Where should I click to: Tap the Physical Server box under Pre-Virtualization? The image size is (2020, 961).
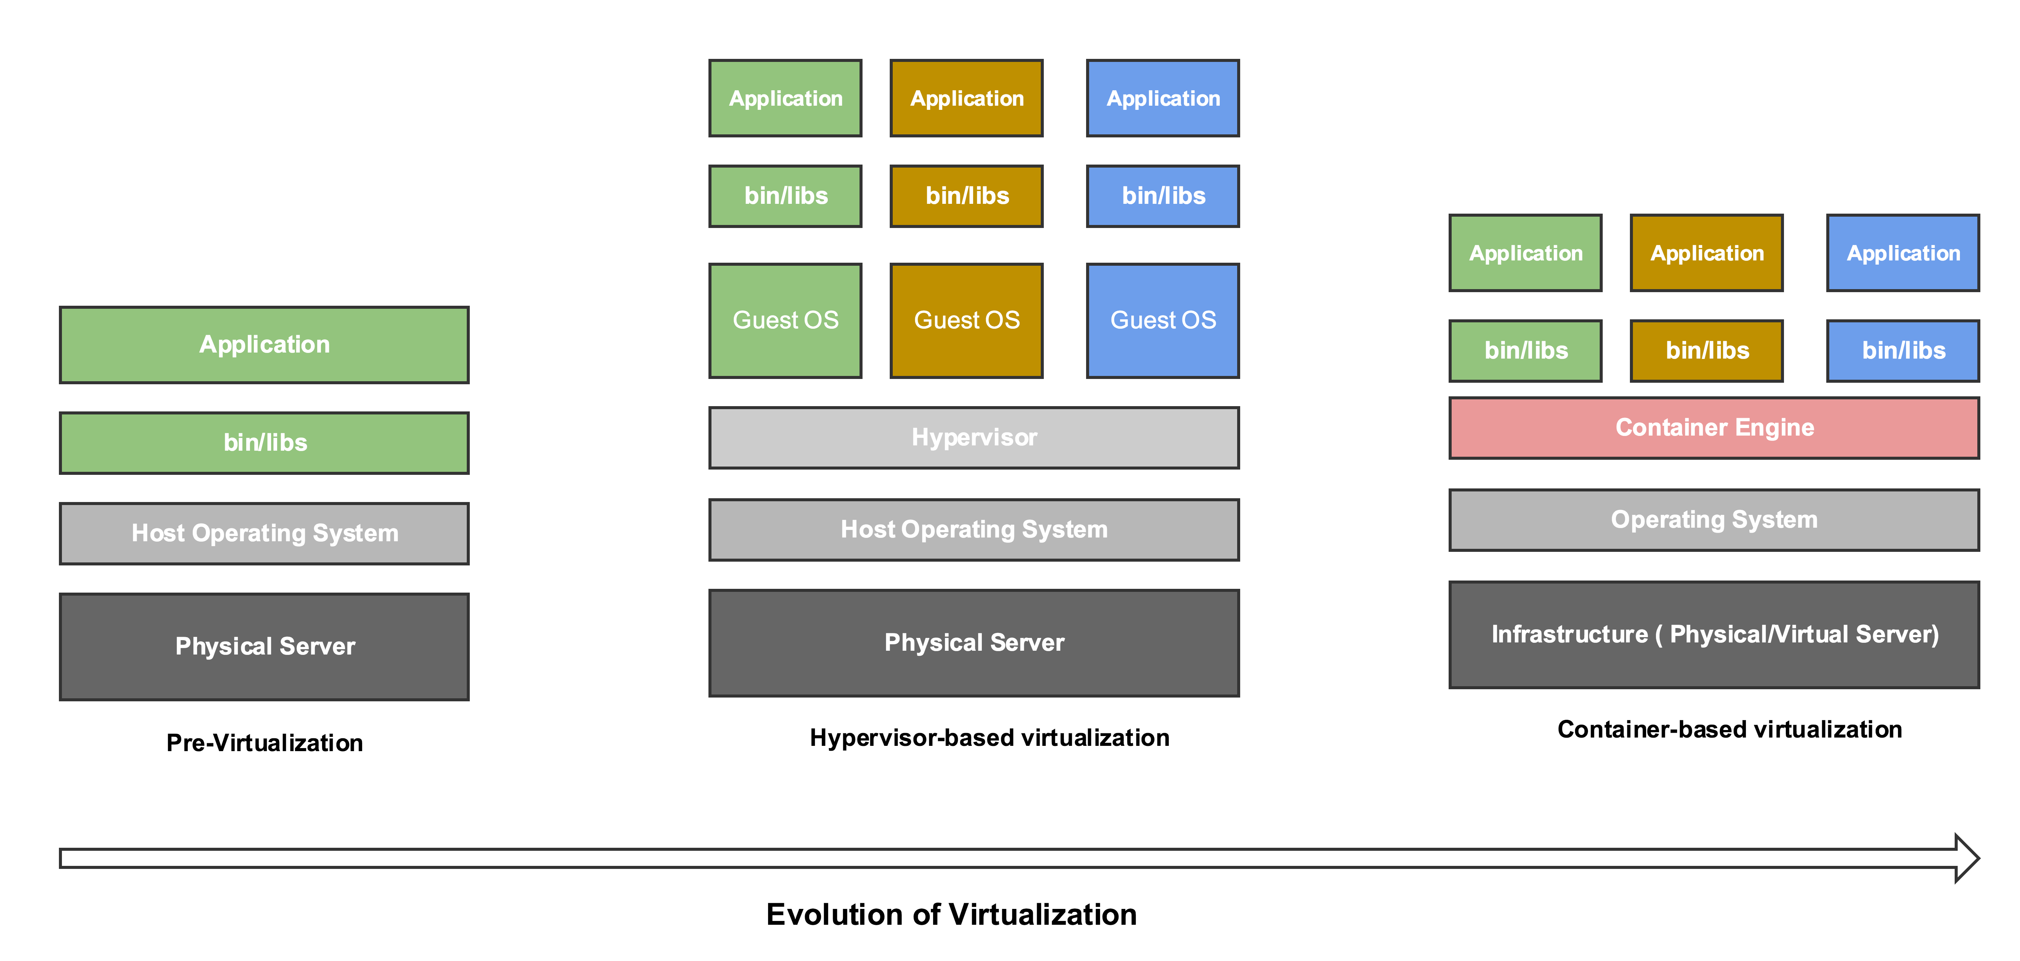tap(264, 646)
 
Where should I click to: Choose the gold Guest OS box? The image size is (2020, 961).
tap(966, 320)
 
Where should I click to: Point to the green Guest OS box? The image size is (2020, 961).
tap(785, 320)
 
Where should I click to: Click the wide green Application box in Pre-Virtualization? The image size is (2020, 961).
tap(264, 345)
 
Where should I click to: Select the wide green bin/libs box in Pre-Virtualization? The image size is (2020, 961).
tap(264, 443)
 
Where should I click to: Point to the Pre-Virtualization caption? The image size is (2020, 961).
tap(264, 742)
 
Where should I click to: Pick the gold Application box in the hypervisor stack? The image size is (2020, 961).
tap(966, 98)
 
